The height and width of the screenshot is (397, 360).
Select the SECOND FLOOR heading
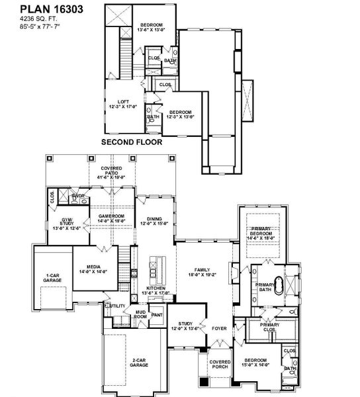coord(131,142)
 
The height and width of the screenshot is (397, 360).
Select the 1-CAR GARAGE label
coord(53,278)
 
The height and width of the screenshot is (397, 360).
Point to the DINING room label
coord(154,221)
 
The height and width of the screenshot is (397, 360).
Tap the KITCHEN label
coord(157,290)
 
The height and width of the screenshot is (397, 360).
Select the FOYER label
coord(219,327)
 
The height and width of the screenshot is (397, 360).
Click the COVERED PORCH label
coord(219,365)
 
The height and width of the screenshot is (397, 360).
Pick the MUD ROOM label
coord(140,314)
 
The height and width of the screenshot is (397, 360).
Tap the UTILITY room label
coord(118,306)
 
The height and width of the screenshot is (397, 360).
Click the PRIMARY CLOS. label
coord(269,326)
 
